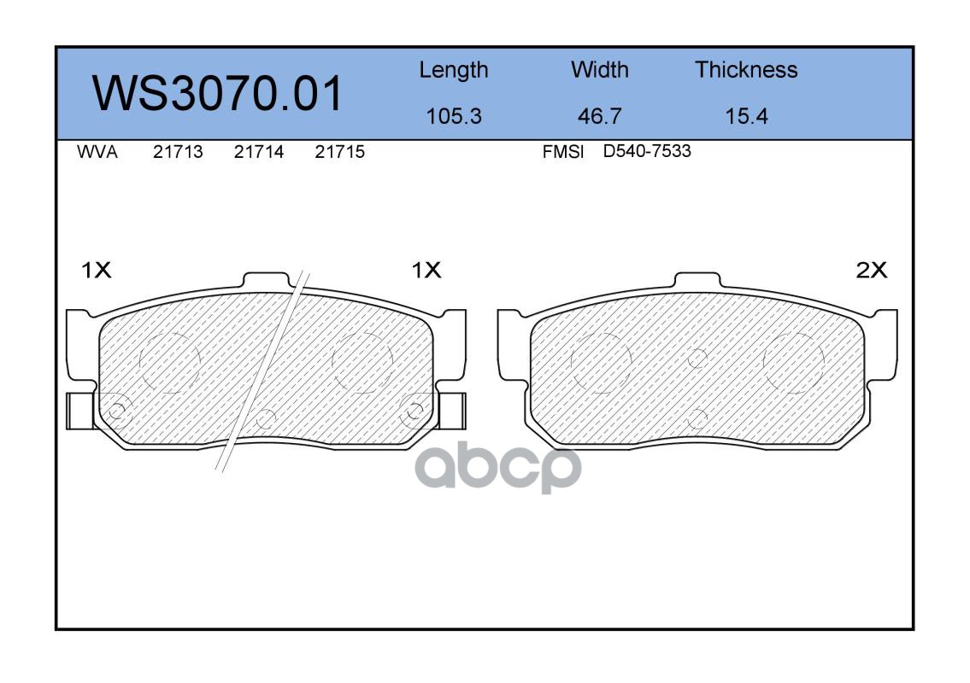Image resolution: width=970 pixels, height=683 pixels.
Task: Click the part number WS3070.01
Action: (x=217, y=93)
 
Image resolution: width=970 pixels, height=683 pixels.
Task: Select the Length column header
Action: (x=454, y=70)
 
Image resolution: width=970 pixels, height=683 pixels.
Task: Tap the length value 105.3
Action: (x=454, y=116)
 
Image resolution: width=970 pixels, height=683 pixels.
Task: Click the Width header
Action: (x=599, y=69)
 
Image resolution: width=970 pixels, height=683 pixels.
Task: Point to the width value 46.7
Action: (x=599, y=116)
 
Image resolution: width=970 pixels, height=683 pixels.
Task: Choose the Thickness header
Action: (x=746, y=69)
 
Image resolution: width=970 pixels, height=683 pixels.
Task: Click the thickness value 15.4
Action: (x=746, y=116)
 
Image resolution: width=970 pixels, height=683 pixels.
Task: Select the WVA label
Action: (x=97, y=152)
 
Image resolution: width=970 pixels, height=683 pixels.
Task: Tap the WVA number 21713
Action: (x=178, y=152)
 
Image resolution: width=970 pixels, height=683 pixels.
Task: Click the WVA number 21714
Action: (x=259, y=152)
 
